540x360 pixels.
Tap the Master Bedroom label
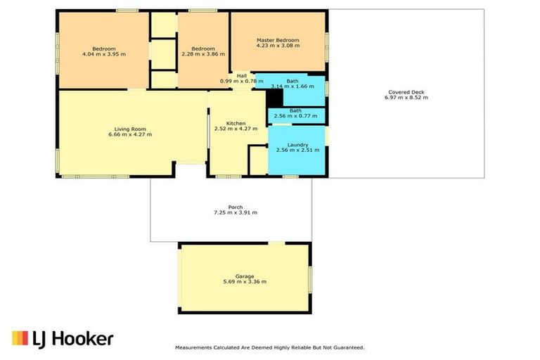(x=278, y=40)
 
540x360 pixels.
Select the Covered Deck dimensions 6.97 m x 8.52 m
(x=406, y=97)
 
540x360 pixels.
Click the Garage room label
(x=244, y=276)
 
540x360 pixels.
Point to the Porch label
(x=236, y=207)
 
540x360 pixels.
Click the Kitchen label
(x=236, y=122)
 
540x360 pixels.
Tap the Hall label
(x=241, y=75)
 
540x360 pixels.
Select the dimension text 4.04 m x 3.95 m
(x=103, y=53)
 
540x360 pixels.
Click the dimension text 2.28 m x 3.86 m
(x=203, y=53)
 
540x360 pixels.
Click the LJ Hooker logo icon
(x=20, y=338)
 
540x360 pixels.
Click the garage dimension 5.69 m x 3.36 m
(x=244, y=282)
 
